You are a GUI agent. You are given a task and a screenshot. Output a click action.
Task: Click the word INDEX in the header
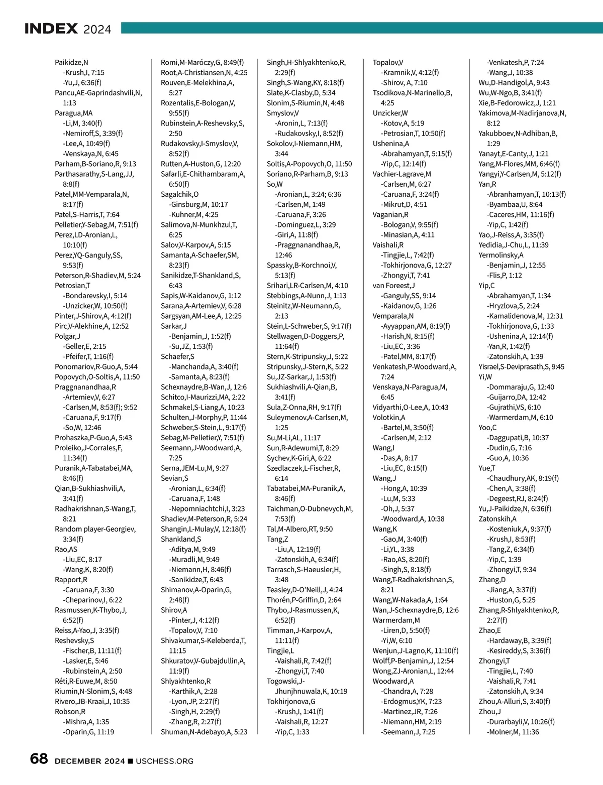click(51, 29)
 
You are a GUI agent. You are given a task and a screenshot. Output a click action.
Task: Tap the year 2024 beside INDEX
click(97, 30)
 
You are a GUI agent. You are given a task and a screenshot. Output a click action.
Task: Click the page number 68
click(39, 759)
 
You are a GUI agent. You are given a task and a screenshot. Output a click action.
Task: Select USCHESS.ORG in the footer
click(164, 761)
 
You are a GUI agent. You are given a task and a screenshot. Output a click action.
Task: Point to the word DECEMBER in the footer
click(78, 761)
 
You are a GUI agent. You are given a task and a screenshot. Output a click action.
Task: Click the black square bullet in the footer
click(131, 761)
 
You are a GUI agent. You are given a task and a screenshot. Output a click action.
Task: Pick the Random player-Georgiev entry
click(95, 529)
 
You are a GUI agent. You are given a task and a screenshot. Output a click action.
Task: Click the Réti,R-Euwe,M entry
click(86, 681)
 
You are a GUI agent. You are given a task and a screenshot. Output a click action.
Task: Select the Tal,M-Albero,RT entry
click(299, 529)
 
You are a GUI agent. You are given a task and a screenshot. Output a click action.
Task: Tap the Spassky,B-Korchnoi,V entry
click(301, 265)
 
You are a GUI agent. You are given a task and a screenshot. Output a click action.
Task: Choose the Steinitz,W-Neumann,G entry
click(304, 306)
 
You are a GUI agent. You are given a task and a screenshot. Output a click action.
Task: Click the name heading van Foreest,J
click(393, 286)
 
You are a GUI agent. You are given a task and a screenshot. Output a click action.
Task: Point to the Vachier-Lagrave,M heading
click(401, 174)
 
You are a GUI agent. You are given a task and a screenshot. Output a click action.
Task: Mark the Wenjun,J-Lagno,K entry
click(415, 650)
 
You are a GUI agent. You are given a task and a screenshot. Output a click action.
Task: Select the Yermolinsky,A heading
click(501, 255)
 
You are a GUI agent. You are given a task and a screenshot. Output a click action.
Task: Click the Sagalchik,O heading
click(179, 194)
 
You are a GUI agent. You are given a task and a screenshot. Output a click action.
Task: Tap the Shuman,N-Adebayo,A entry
click(204, 732)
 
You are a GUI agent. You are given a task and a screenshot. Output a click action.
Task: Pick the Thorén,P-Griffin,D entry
click(304, 600)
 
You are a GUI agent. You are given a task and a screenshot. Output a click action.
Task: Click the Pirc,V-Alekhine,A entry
click(91, 326)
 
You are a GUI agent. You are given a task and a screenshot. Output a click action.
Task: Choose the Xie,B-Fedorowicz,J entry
click(517, 103)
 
